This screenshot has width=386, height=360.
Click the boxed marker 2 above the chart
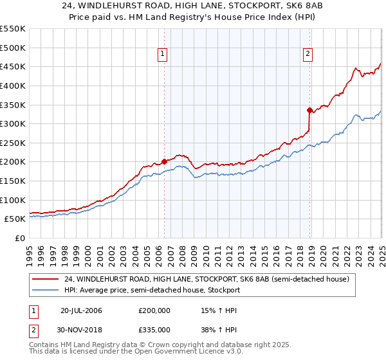click(x=308, y=55)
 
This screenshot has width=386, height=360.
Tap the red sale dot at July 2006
click(x=164, y=161)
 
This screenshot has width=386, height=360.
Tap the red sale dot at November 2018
click(x=309, y=110)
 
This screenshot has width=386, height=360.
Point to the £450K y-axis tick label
click(x=13, y=66)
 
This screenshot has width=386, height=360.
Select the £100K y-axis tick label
click(x=13, y=200)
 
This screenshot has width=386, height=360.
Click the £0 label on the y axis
click(x=20, y=238)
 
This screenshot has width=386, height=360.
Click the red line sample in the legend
click(x=46, y=280)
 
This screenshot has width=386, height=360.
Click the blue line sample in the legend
click(x=46, y=290)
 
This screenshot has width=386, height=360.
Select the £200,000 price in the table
click(x=154, y=310)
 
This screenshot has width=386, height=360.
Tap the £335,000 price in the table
click(x=154, y=330)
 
